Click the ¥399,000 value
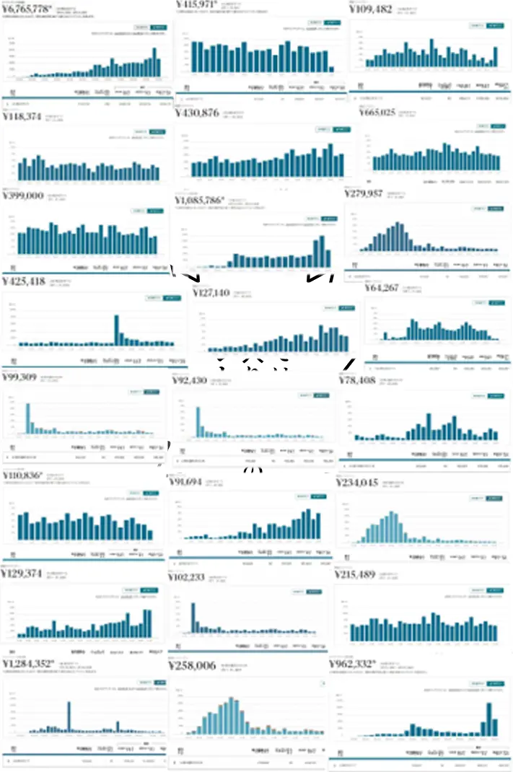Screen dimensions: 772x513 [24, 196]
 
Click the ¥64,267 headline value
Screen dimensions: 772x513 [382, 287]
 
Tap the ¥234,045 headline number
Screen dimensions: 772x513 [357, 483]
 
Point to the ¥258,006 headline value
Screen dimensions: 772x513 [192, 665]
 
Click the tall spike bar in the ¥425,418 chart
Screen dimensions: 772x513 [116, 330]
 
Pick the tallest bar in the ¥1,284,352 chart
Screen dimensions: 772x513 [69, 717]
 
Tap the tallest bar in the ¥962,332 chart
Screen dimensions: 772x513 [489, 719]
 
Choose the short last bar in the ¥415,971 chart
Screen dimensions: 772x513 [331, 69]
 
